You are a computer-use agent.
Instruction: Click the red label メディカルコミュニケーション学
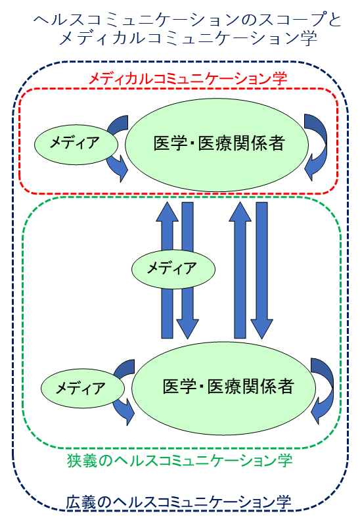(188, 80)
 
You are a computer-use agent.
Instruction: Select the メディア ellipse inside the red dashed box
(76, 145)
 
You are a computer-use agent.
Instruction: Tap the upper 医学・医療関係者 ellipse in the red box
(217, 145)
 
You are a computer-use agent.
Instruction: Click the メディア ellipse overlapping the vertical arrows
(173, 269)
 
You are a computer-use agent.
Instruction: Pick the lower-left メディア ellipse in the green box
(83, 388)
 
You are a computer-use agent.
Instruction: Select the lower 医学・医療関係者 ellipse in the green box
(223, 388)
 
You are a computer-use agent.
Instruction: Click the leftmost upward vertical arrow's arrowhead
(168, 212)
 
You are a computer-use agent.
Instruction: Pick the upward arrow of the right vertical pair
(240, 270)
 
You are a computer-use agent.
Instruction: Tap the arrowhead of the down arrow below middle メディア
(188, 329)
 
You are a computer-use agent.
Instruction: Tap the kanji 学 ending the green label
(284, 461)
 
